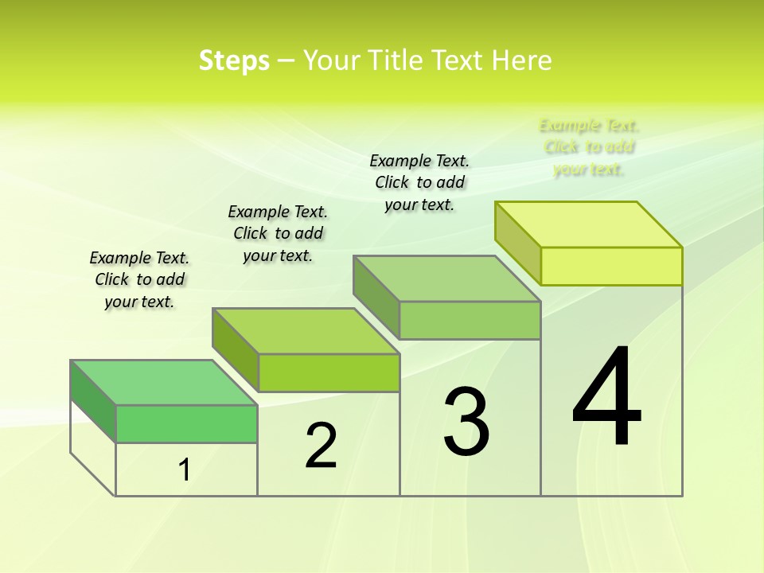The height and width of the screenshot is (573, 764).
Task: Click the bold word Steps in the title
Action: coord(234,60)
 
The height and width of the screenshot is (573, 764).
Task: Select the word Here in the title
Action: coord(521,60)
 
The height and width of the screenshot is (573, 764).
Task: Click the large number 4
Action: coord(606,397)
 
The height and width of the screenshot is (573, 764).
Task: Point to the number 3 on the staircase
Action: coord(466,422)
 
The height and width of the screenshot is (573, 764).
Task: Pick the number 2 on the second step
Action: coord(321,446)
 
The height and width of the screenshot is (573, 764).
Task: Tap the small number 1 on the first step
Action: coord(185,470)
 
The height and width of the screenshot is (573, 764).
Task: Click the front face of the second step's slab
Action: coord(329,372)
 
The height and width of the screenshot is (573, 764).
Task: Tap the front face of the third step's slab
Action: coord(470,320)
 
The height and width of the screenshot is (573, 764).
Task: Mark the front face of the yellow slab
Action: coord(611,266)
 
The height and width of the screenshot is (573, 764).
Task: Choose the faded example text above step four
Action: coord(589,147)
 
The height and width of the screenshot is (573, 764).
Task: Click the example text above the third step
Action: coord(419,182)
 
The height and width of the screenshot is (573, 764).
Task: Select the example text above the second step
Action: coord(278,233)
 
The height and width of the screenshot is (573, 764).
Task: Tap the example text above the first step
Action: coord(139,279)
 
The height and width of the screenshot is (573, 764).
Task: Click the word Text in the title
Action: coord(457,60)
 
